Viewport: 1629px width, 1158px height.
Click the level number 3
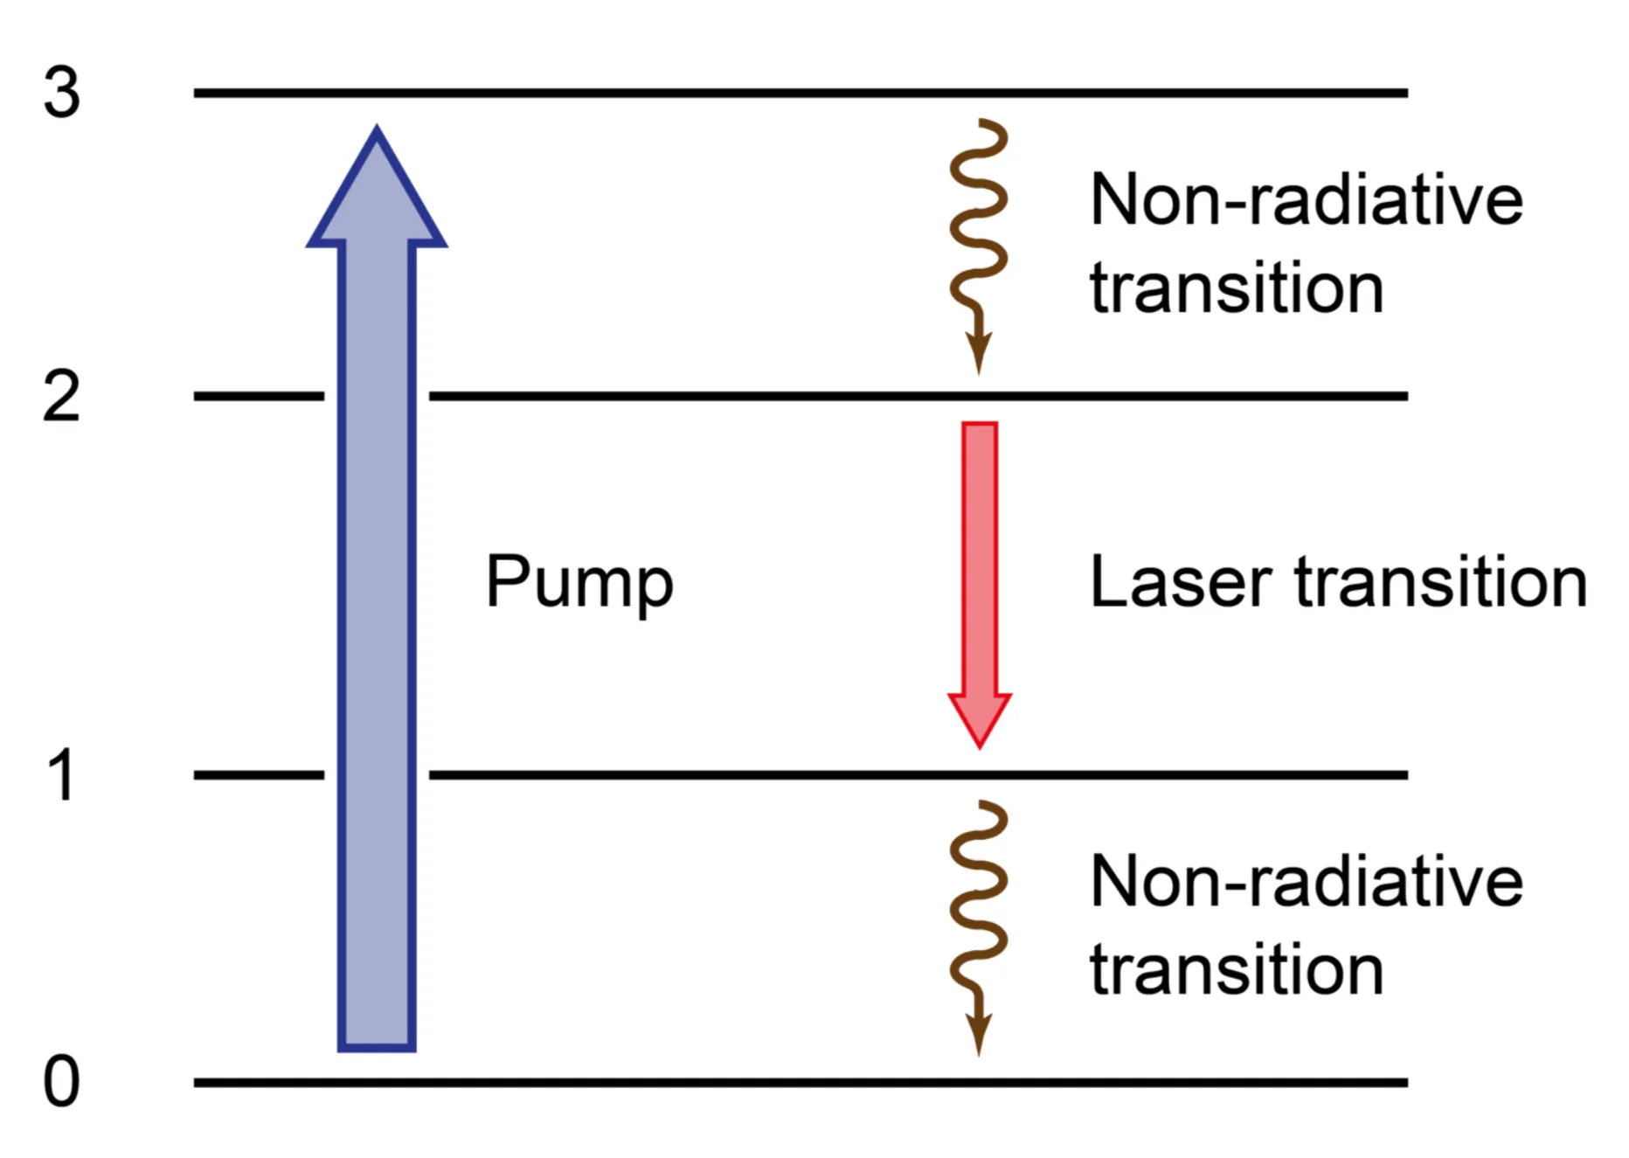point(61,93)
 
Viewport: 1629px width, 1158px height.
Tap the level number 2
point(61,397)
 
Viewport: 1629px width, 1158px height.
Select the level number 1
point(61,776)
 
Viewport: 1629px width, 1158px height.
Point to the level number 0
point(61,1082)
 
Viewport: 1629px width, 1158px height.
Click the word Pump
point(579,583)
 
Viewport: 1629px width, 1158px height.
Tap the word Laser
point(1181,582)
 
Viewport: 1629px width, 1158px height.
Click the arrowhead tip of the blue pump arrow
point(377,131)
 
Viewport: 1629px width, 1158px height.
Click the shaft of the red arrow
point(980,559)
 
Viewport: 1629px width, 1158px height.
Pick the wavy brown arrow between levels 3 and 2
point(979,236)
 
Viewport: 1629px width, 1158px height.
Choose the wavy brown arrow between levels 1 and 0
point(979,918)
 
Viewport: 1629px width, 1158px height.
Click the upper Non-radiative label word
point(1307,200)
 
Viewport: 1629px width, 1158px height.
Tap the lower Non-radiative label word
point(1307,882)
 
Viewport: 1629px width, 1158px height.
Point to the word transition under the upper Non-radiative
point(1237,288)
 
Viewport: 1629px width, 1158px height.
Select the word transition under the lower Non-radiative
point(1237,970)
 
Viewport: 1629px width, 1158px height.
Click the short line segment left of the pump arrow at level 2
point(259,396)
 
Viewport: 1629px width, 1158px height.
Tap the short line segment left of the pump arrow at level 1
point(259,774)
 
